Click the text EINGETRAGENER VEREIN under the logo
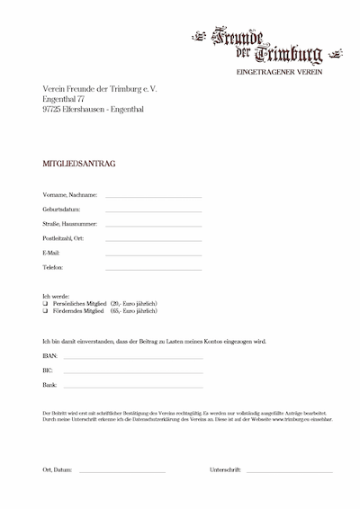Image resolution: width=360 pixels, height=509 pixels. coord(278,70)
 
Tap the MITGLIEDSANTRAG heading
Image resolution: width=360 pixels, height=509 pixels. coord(79,165)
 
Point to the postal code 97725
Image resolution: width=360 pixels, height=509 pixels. coord(52,109)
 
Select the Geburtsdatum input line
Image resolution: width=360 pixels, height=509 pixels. coord(153,211)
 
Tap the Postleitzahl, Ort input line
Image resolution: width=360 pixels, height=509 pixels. coord(153,240)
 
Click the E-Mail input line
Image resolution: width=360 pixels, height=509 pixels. coord(153,254)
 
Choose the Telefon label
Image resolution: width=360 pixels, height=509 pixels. coord(53,267)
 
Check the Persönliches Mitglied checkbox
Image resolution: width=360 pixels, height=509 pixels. coord(45,303)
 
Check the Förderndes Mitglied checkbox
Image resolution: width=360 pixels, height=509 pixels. coord(45,310)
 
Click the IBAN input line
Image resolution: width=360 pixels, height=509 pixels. coord(132,358)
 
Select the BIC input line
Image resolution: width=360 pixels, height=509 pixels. coord(132,371)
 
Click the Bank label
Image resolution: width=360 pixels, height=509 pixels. coord(49,384)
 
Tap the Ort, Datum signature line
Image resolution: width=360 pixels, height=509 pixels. coord(121,472)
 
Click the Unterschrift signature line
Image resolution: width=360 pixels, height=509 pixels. coord(288,472)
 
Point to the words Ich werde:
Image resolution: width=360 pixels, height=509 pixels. coord(56,295)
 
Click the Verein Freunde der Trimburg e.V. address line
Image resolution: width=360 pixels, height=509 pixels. coord(99,87)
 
